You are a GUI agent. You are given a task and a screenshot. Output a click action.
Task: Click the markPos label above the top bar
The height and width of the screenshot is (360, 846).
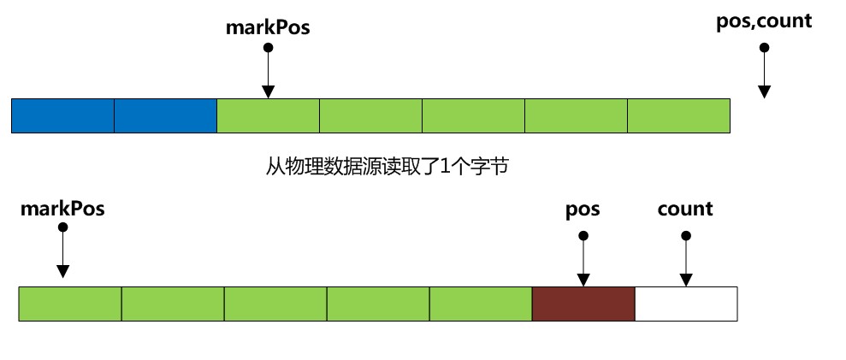tap(268, 27)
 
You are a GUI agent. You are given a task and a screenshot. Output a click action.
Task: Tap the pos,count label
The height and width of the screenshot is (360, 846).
tap(763, 21)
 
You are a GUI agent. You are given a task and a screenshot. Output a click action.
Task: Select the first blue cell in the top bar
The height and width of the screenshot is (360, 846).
tap(63, 115)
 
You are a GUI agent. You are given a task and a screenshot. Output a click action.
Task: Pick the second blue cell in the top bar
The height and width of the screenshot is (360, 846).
tap(166, 115)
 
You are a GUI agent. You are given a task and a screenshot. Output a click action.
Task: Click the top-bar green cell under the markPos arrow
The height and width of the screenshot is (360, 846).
tap(269, 115)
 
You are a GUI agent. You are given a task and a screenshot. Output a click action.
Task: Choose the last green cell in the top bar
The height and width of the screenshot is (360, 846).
tap(678, 115)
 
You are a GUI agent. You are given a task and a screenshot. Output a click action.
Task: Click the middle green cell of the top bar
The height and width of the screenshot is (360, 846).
tap(474, 115)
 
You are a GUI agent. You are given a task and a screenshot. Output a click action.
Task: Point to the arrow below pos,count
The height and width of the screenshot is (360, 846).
tap(764, 77)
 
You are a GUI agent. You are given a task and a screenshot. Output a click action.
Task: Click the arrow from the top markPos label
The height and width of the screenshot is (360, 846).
tap(268, 73)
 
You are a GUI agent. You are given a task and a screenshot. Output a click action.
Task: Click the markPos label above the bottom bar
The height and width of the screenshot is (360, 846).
tap(62, 209)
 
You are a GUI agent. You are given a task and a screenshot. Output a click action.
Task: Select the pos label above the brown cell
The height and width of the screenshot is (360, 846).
tap(583, 209)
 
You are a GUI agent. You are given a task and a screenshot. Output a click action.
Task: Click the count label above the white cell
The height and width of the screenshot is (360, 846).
tap(685, 209)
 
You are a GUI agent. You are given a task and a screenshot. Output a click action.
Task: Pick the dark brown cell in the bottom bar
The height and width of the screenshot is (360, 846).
tap(583, 304)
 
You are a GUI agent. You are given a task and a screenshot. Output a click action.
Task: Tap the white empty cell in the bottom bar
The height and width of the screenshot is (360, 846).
tap(686, 304)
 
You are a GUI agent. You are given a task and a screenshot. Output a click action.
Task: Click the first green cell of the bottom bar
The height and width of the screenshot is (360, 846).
tap(70, 304)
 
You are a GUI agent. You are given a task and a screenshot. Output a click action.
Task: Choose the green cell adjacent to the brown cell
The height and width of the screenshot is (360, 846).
tap(481, 304)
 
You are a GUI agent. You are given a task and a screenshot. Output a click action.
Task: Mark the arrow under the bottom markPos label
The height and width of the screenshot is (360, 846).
tap(62, 252)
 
